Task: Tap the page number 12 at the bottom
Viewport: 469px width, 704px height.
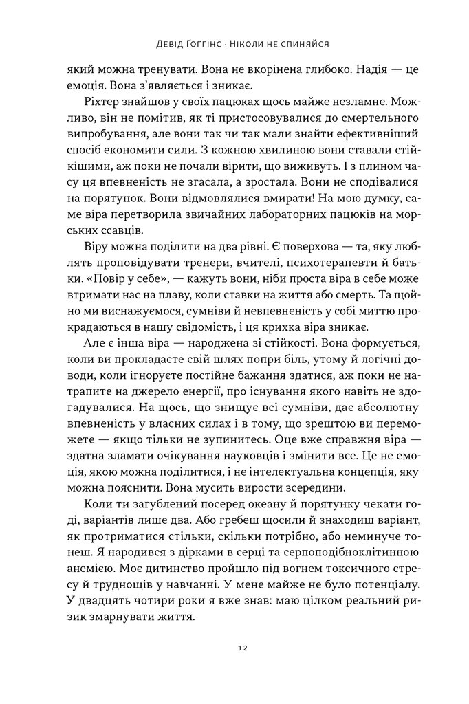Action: [x=235, y=648]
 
